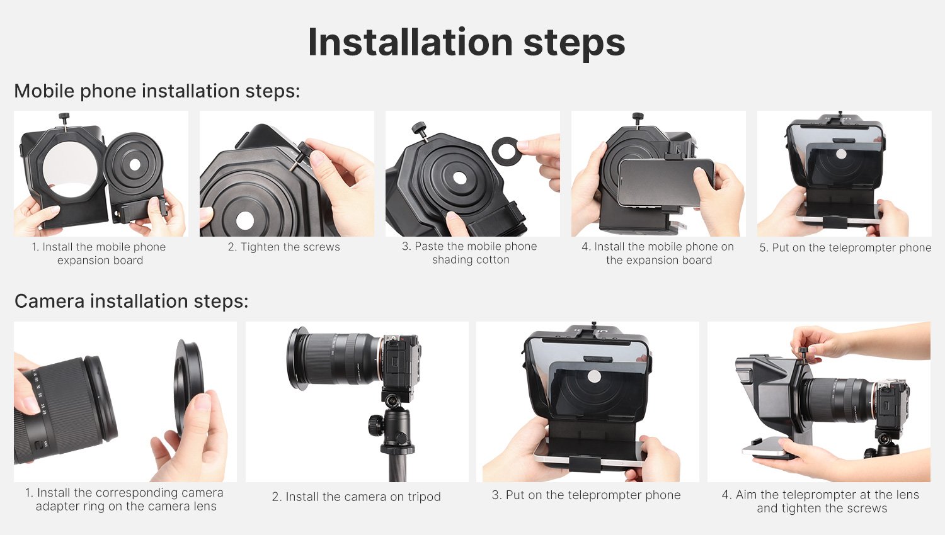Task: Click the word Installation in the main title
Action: click(x=411, y=42)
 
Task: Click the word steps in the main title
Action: click(x=574, y=44)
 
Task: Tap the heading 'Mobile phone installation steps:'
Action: click(x=157, y=91)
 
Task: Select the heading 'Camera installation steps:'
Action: click(x=132, y=301)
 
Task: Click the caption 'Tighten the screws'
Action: click(x=283, y=247)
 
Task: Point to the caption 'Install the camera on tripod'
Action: click(x=356, y=497)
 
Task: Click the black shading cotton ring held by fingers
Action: click(x=505, y=152)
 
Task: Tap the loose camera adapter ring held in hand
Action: click(x=188, y=387)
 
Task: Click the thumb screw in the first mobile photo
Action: click(x=64, y=119)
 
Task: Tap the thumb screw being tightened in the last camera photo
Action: click(x=803, y=356)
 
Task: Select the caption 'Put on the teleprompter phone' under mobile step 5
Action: click(x=845, y=247)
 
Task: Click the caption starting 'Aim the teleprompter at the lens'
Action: click(x=821, y=501)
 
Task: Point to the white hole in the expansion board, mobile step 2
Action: click(x=244, y=220)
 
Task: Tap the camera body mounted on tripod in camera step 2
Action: click(x=400, y=363)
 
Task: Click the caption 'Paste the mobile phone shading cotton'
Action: click(x=470, y=252)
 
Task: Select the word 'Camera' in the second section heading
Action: click(x=49, y=301)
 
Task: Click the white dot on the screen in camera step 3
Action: click(x=594, y=377)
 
